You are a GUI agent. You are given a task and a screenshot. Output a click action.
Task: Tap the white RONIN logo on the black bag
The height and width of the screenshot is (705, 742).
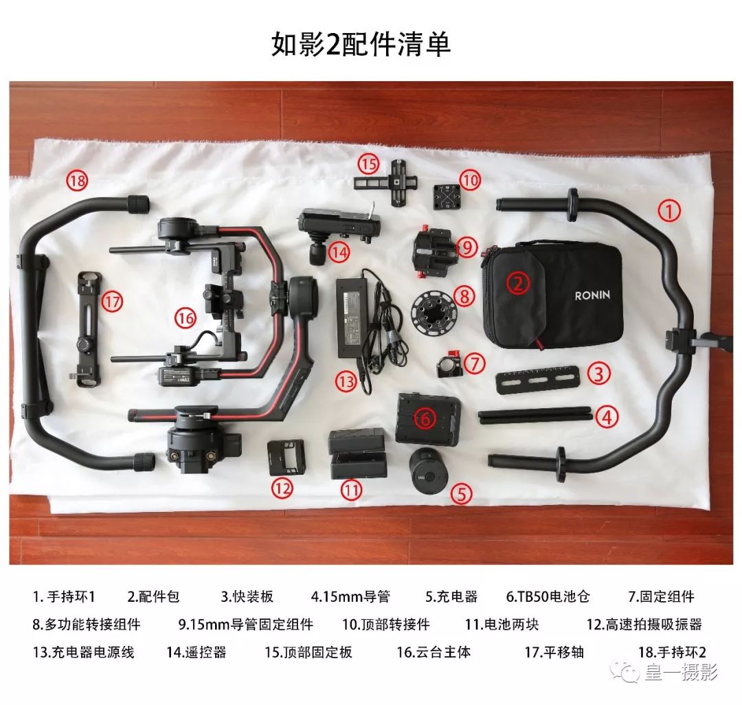point(592,295)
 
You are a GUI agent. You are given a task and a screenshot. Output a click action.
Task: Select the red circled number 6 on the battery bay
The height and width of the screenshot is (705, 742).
point(425,417)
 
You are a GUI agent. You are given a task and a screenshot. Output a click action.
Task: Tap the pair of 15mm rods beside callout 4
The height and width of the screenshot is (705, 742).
point(535,415)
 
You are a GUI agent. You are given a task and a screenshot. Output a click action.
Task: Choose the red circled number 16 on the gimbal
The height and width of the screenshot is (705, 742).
point(185,318)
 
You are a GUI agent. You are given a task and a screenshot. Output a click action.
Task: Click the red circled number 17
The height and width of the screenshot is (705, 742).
point(112,300)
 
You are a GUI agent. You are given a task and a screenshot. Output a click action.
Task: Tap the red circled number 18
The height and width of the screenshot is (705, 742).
point(77,181)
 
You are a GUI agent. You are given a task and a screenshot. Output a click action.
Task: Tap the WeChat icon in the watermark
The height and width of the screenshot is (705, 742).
point(626,671)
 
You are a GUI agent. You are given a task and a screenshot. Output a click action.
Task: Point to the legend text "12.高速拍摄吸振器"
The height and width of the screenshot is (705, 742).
point(644,624)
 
